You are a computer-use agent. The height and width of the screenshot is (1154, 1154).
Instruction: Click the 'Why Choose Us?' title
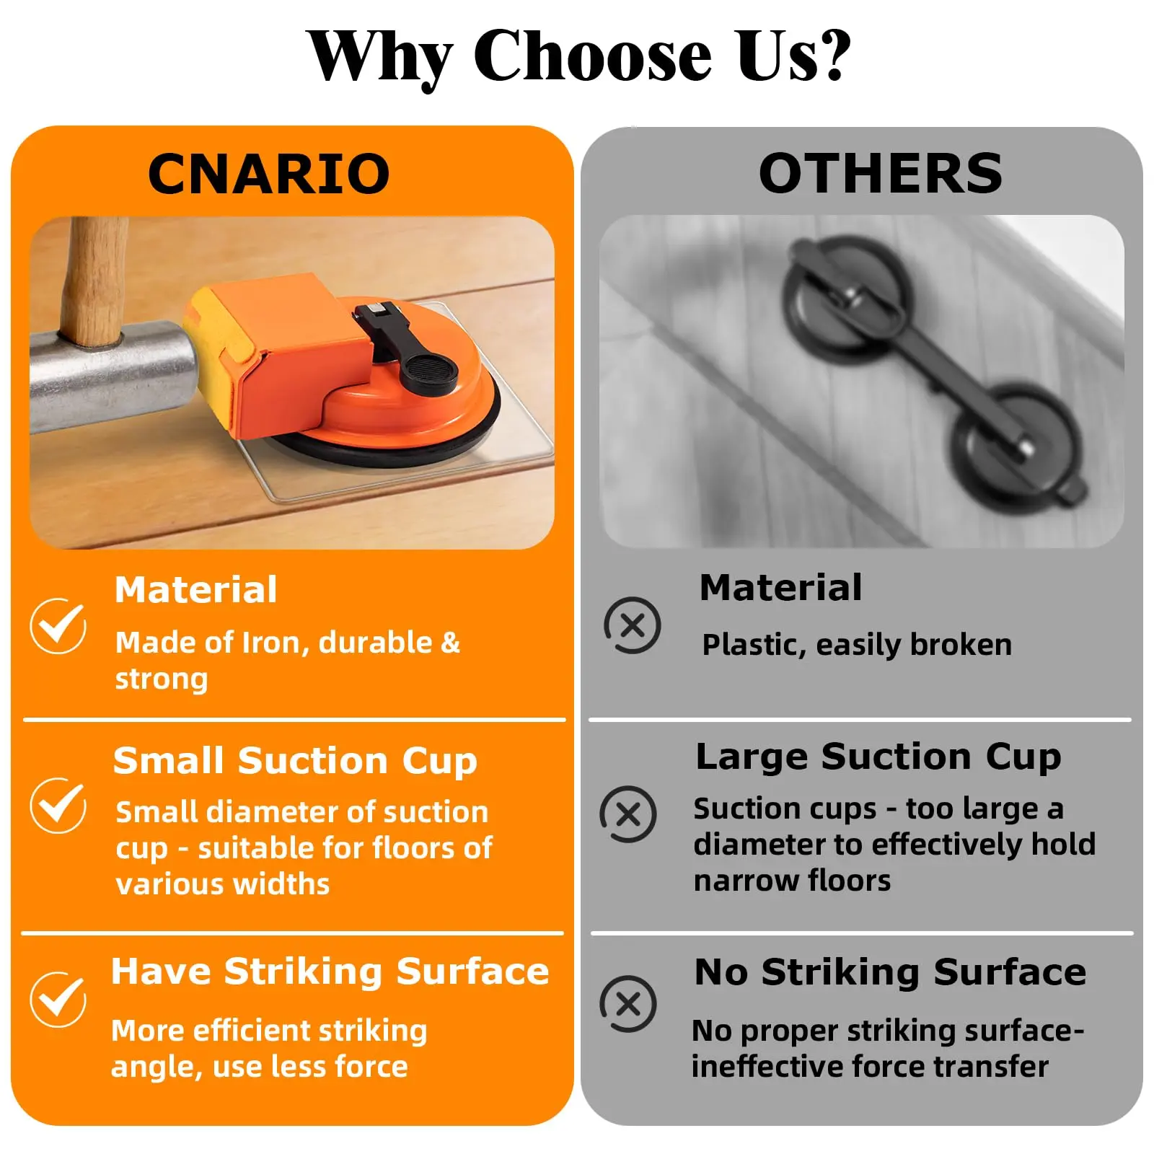[x=578, y=56]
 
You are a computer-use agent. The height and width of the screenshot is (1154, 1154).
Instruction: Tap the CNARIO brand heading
[x=269, y=174]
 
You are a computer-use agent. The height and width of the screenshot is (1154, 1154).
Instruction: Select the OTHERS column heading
[x=881, y=174]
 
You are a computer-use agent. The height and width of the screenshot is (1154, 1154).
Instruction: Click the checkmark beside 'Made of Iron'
[x=58, y=625]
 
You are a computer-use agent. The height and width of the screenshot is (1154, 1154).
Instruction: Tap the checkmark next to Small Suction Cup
[x=58, y=806]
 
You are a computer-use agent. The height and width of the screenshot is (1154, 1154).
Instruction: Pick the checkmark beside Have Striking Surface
[x=58, y=1000]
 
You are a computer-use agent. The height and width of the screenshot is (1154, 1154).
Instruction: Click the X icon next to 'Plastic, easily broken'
[x=633, y=625]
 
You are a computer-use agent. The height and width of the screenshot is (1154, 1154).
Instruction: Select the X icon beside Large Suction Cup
[x=628, y=814]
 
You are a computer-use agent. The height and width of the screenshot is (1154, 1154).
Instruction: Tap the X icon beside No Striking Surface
[x=628, y=1004]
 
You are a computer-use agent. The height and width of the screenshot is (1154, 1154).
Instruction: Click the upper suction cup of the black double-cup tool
[x=847, y=296]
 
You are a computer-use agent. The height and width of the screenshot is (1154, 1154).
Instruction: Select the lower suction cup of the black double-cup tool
[x=1017, y=444]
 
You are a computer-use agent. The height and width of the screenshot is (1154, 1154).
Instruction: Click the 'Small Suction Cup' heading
[x=295, y=762]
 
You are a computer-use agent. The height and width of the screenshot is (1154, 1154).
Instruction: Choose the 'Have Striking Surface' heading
[x=330, y=971]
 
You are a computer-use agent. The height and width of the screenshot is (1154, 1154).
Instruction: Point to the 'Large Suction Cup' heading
[x=878, y=757]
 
